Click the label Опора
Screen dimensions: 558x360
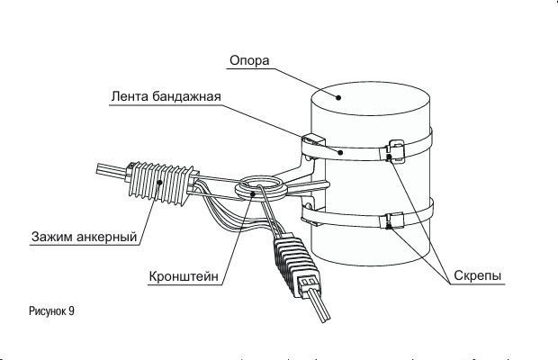pyautogui.click(x=249, y=61)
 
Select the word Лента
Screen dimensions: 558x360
pyautogui.click(x=130, y=96)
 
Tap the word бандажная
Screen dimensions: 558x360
pyautogui.click(x=187, y=97)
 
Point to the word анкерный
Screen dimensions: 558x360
pyautogui.click(x=106, y=237)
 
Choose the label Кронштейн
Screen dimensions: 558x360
pyautogui.click(x=184, y=276)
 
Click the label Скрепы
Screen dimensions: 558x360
pyautogui.click(x=478, y=275)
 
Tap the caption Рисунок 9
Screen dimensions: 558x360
pyautogui.click(x=51, y=310)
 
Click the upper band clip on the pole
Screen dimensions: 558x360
pyautogui.click(x=395, y=150)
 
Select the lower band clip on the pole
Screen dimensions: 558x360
pyautogui.click(x=393, y=220)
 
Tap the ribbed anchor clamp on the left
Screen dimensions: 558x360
pyautogui.click(x=161, y=183)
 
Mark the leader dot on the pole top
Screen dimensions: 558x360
pyautogui.click(x=338, y=97)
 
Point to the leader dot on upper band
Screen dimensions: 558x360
pyautogui.click(x=340, y=153)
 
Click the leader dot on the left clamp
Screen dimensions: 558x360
pyautogui.click(x=159, y=183)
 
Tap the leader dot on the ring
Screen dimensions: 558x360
pyautogui.click(x=253, y=193)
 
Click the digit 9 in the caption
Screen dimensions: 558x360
pyautogui.click(x=71, y=310)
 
